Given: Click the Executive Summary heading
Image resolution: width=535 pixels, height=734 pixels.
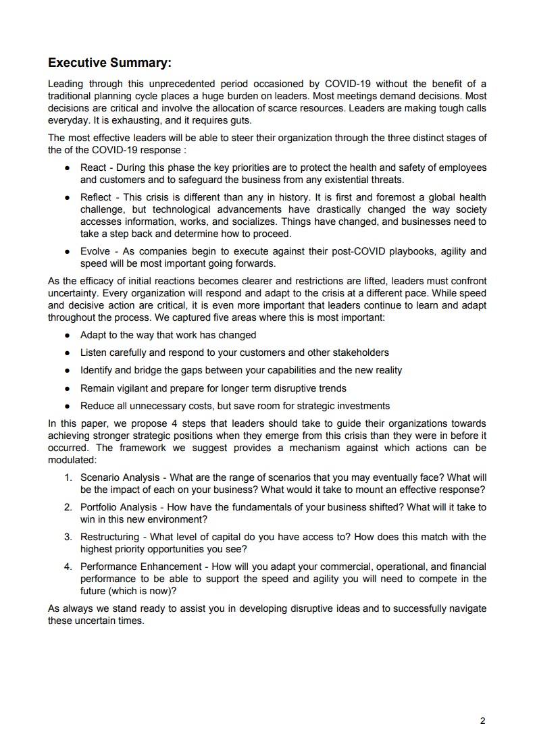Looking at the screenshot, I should (110, 63).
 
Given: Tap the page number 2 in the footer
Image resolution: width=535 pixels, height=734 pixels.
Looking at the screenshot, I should (482, 720).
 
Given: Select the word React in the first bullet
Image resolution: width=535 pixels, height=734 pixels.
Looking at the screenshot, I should (93, 167).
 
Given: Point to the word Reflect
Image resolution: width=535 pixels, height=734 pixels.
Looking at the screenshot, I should (95, 197).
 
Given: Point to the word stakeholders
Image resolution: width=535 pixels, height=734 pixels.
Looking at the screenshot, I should (362, 352).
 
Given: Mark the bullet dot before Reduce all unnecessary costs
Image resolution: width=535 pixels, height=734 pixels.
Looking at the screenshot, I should (68, 407).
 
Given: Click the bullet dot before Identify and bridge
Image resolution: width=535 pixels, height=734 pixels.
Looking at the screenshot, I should (68, 371).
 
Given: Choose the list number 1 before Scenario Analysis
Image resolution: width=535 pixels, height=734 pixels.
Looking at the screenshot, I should (68, 477).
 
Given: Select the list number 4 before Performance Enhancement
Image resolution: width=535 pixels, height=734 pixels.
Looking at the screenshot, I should (68, 567).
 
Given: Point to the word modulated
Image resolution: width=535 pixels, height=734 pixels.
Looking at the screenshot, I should (72, 459).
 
